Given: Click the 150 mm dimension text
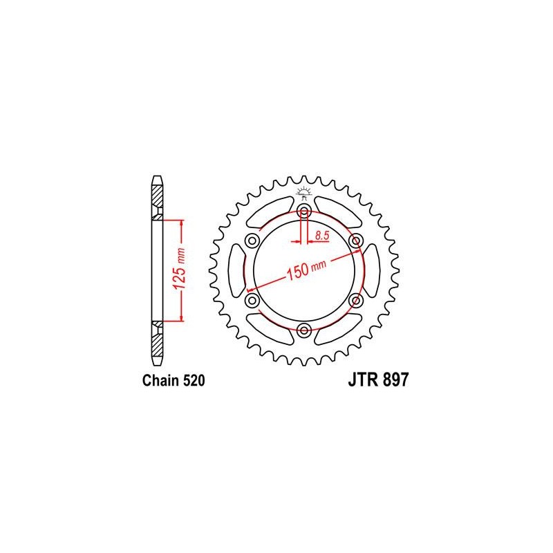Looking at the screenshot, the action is tap(306, 270).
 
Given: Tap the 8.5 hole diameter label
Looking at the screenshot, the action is tap(322, 235).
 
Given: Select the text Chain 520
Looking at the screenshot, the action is tap(174, 381).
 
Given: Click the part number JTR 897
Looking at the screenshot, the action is tap(378, 379).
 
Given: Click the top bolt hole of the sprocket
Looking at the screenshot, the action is tap(304, 212).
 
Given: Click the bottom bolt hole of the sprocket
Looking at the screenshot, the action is tap(304, 330).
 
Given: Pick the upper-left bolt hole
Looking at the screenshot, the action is tap(252, 241).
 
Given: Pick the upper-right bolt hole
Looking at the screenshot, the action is tap(355, 241).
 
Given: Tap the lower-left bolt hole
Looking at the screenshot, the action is tap(252, 301).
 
